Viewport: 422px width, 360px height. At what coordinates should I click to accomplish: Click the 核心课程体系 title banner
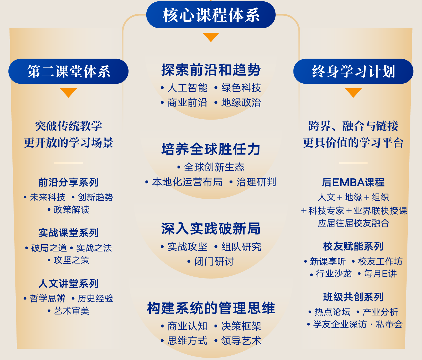pyautogui.click(x=211, y=15)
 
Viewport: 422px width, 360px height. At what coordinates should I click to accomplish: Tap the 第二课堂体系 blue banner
pyautogui.click(x=68, y=71)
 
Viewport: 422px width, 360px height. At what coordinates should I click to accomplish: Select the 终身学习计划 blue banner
pyautogui.click(x=353, y=71)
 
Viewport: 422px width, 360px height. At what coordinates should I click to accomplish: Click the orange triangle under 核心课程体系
pyautogui.click(x=211, y=37)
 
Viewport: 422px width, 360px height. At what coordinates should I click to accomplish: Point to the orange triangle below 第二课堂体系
pyautogui.click(x=68, y=92)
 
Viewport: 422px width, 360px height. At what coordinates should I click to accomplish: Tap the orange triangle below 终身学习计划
pyautogui.click(x=353, y=92)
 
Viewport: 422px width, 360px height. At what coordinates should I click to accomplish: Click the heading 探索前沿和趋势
pyautogui.click(x=211, y=70)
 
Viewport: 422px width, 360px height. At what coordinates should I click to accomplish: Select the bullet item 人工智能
pyautogui.click(x=187, y=88)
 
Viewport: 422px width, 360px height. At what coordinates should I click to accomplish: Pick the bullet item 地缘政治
pyautogui.click(x=241, y=103)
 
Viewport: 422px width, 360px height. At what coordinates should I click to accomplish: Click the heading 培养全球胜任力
pyautogui.click(x=211, y=149)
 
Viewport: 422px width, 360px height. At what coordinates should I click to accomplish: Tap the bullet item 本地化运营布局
pyautogui.click(x=187, y=182)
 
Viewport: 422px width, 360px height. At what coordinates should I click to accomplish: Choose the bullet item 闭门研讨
pyautogui.click(x=214, y=261)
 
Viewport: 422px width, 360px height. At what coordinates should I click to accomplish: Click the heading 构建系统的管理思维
pyautogui.click(x=211, y=308)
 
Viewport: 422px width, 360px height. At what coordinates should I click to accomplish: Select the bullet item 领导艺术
pyautogui.click(x=241, y=341)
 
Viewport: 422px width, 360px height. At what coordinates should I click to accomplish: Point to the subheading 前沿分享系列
pyautogui.click(x=68, y=182)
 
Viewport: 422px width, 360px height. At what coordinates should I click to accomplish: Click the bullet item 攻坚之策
pyautogui.click(x=71, y=260)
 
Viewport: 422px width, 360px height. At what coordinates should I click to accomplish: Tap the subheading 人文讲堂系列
pyautogui.click(x=68, y=283)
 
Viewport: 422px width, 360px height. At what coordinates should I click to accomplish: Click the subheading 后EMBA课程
pyautogui.click(x=353, y=182)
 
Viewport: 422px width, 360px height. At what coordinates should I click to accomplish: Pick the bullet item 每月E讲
pyautogui.click(x=380, y=274)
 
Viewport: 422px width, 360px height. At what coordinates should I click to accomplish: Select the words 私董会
pyautogui.click(x=389, y=324)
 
